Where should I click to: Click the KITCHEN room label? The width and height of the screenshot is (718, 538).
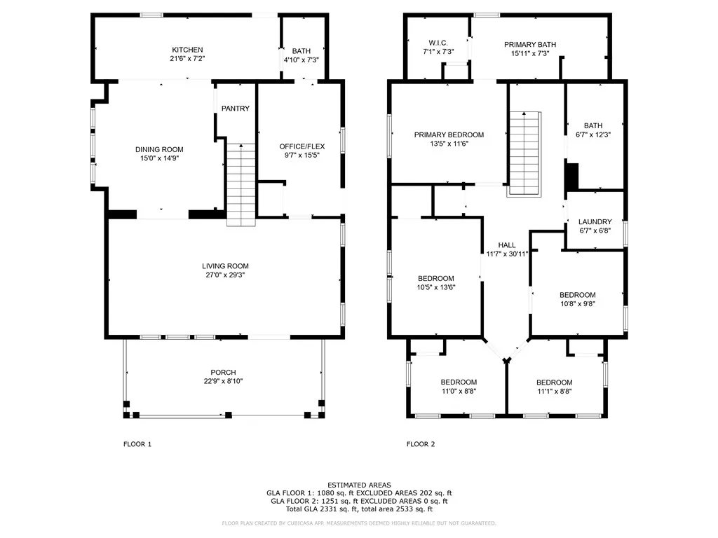187,50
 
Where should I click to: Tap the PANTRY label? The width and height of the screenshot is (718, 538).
236,109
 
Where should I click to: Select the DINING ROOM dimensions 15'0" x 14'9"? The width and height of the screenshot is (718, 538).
159,158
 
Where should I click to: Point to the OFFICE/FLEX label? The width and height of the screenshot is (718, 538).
302,146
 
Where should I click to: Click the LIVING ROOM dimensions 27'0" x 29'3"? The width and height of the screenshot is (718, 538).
225,275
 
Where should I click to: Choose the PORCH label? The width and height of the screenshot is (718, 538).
224,373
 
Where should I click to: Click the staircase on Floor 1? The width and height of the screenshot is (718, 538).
241,185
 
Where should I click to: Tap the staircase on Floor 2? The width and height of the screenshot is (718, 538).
524,153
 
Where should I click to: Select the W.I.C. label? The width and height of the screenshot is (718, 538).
438,43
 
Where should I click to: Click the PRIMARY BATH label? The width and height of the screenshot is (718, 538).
530,44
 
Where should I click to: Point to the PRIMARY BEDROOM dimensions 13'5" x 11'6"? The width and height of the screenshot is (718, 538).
449,144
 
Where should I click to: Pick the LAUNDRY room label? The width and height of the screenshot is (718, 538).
595,222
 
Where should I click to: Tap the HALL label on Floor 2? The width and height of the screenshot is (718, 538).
507,245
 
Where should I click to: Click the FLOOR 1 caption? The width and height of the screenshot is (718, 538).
137,444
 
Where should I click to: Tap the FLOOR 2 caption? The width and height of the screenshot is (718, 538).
421,444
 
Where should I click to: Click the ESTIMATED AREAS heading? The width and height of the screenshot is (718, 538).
360,485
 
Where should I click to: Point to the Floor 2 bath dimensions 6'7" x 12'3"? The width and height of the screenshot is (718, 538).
593,135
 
